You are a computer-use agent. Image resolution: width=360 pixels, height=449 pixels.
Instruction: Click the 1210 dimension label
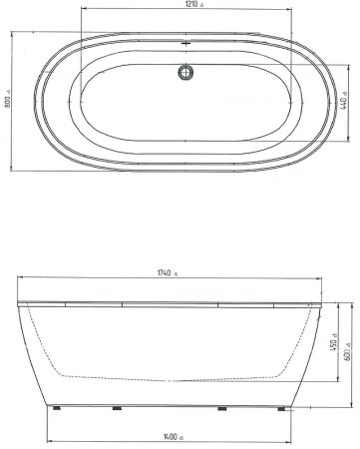click(x=192, y=4)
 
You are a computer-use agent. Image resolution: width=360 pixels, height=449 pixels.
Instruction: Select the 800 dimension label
click(x=7, y=101)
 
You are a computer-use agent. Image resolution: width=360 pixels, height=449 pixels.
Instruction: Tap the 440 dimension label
click(x=344, y=102)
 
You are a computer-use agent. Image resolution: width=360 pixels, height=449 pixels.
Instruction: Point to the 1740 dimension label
click(x=165, y=273)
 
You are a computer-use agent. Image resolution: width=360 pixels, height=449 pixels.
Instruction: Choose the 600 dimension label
click(x=347, y=355)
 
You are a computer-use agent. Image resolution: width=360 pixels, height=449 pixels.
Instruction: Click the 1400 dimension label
click(x=171, y=437)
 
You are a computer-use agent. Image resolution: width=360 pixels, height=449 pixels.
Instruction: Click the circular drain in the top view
click(x=185, y=72)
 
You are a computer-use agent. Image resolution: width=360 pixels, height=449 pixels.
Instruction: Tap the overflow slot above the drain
click(x=185, y=43)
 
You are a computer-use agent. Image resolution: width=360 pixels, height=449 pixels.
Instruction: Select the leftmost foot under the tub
click(x=57, y=408)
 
